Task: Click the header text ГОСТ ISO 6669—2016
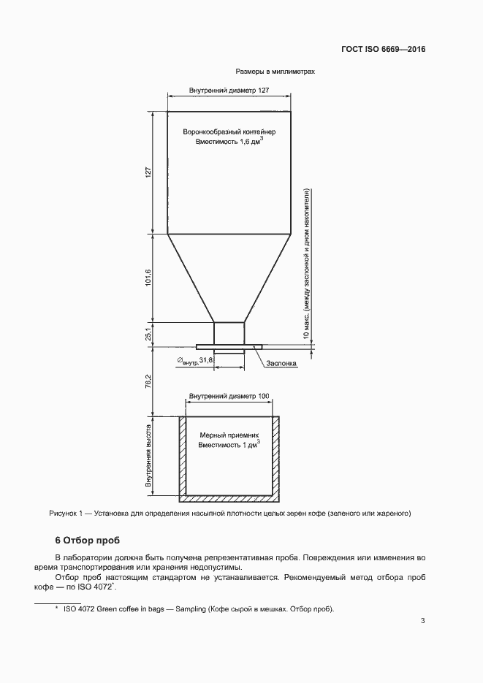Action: pyautogui.click(x=383, y=50)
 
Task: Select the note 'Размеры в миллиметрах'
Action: pyautogui.click(x=275, y=72)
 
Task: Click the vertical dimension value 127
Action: pyautogui.click(x=148, y=173)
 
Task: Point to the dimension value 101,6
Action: pyautogui.click(x=148, y=278)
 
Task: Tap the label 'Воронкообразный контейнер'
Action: pyautogui.click(x=229, y=131)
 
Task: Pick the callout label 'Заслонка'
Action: pyautogui.click(x=281, y=363)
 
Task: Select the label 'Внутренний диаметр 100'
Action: pyautogui.click(x=229, y=397)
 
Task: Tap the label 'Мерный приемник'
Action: pyautogui.click(x=229, y=435)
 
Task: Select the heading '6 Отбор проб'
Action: pyautogui.click(x=87, y=541)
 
